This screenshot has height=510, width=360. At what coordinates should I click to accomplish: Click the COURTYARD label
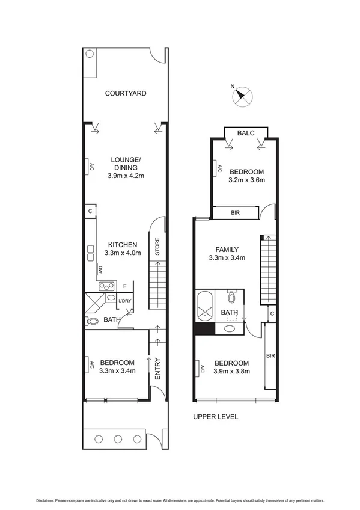coord(126,93)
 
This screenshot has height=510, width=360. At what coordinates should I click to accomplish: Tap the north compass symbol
coord(245,97)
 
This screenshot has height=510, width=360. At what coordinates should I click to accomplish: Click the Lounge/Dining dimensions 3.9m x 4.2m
coord(126,176)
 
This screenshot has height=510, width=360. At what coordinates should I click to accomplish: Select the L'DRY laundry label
coord(124,301)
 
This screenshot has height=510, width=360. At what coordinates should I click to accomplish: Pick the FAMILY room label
coord(228,250)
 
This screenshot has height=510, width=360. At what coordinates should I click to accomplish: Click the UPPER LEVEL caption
coord(215,416)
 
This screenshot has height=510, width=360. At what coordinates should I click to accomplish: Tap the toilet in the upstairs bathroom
coord(232,297)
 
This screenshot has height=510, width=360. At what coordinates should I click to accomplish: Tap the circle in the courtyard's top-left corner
coord(89,54)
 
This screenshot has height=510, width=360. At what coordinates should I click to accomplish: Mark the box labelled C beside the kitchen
coord(90,211)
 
